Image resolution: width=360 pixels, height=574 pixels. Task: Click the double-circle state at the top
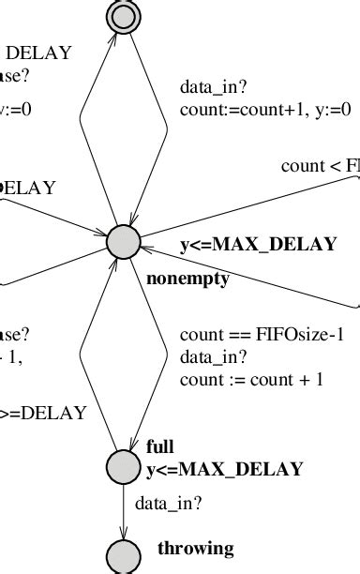click(123, 13)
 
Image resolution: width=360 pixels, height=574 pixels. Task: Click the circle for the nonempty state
click(123, 242)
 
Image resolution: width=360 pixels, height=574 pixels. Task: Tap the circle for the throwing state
click(123, 555)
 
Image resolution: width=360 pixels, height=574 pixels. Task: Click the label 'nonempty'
click(188, 279)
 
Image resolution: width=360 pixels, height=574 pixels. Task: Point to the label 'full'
click(160, 446)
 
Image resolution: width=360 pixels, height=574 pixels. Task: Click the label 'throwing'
click(195, 549)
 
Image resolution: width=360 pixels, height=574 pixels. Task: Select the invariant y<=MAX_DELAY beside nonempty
click(258, 245)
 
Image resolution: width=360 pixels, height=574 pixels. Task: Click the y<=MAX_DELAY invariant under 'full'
click(224, 468)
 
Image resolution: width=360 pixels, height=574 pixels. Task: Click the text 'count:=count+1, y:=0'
click(265, 110)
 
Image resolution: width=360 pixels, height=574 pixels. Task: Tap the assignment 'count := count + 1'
click(251, 379)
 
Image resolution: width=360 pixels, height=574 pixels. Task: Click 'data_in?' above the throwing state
click(169, 504)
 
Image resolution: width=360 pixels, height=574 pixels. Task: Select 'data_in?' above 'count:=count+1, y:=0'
click(214, 87)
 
